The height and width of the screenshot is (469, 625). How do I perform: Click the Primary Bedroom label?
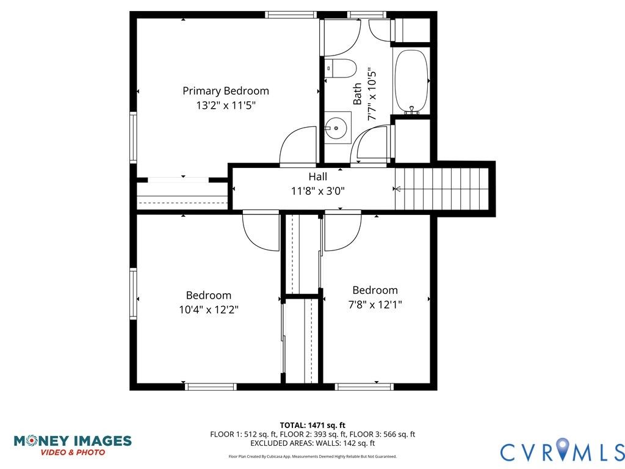click(x=226, y=92)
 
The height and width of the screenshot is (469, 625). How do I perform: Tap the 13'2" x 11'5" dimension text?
click(x=226, y=106)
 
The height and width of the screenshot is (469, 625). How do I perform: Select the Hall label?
click(x=317, y=176)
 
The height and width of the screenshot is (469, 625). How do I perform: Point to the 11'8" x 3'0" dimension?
click(x=317, y=191)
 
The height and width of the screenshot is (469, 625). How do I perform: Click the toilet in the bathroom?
click(x=339, y=68)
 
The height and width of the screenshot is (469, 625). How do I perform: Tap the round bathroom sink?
click(x=336, y=128)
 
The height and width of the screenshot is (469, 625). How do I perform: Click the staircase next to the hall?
click(x=442, y=189)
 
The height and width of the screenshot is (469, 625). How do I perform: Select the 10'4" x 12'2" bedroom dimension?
click(x=209, y=310)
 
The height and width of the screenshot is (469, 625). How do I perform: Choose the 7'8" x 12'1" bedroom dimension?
click(x=375, y=305)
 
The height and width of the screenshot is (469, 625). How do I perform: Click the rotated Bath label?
click(x=358, y=94)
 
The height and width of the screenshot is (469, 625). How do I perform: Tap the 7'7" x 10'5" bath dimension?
click(x=372, y=95)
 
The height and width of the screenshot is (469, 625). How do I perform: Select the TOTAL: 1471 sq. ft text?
click(x=312, y=426)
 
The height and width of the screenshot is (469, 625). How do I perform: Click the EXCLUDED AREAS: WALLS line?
click(x=312, y=443)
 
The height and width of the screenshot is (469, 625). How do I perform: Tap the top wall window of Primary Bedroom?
click(x=291, y=15)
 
